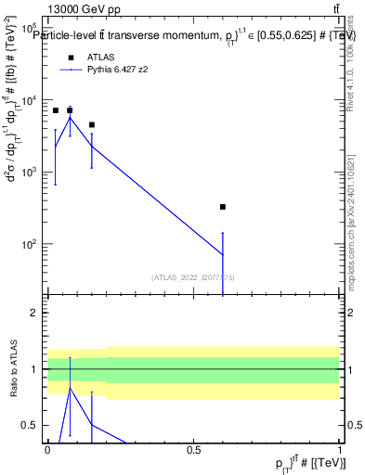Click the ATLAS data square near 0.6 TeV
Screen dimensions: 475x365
[x=222, y=207]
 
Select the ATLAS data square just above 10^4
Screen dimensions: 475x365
[x=70, y=110]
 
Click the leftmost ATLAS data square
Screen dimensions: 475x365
[x=55, y=110]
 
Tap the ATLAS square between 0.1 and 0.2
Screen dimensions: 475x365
[x=91, y=124]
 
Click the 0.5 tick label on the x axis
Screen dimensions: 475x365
[x=193, y=449]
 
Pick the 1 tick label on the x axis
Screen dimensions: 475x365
[x=340, y=449]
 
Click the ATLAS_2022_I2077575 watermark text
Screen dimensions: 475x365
[x=193, y=276]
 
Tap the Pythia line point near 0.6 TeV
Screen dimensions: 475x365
[x=222, y=254]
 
